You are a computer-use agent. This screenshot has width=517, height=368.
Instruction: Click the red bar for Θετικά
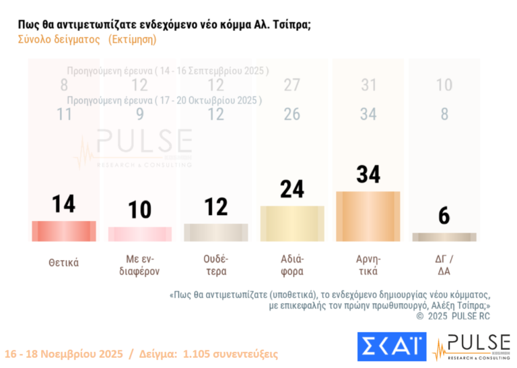[x=64, y=231]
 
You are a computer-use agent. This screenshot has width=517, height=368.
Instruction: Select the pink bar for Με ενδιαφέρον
[x=140, y=234]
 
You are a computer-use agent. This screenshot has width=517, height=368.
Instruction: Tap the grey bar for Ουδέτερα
[x=215, y=233]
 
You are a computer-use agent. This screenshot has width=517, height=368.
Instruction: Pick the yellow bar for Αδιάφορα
[x=291, y=223]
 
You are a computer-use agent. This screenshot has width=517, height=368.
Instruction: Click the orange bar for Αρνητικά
[x=368, y=216]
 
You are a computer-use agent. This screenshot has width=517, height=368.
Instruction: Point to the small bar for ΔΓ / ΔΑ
[x=444, y=237]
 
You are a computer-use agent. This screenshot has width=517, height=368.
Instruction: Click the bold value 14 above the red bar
[x=64, y=204]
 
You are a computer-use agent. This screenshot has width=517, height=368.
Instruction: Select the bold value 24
[x=291, y=189]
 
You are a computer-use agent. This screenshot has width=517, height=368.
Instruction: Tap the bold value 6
[x=444, y=216]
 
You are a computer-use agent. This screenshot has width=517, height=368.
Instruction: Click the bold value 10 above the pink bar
[x=140, y=210]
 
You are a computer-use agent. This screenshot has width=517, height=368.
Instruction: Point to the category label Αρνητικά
[x=368, y=265]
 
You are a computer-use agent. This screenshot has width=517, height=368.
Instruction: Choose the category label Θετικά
[x=64, y=262]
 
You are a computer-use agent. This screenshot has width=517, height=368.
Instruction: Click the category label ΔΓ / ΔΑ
[x=444, y=265]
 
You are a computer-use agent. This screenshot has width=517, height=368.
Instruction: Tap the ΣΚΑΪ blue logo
[x=391, y=346]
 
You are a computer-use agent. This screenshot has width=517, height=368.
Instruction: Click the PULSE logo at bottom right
[x=471, y=346]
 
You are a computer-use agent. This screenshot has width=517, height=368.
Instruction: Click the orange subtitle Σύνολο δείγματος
[x=59, y=40]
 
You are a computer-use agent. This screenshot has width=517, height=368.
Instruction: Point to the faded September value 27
[x=291, y=85]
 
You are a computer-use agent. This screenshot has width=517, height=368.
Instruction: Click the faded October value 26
[x=291, y=115]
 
